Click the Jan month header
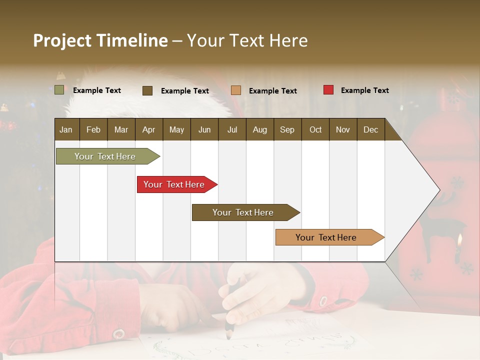(66, 129)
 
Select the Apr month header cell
(148, 129)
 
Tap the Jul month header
(232, 129)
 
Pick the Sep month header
(287, 129)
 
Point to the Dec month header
(370, 129)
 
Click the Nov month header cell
(342, 129)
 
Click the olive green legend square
(59, 90)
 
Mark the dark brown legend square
(147, 90)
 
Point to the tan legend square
(236, 90)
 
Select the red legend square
(328, 90)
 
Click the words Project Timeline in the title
(100, 40)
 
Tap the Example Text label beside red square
(364, 90)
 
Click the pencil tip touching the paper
(228, 335)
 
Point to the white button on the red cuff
(118, 333)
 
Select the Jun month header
(204, 129)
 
